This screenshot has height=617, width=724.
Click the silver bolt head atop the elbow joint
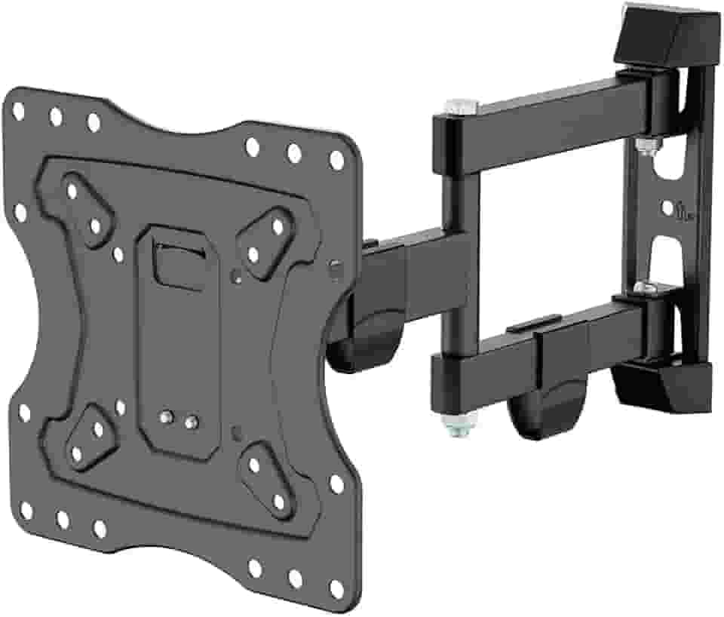pos(459,106)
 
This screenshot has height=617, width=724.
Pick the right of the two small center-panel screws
pos(191,419)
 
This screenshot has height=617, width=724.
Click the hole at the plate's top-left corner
pos(17,110)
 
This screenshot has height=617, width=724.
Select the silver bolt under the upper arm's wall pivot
pos(643,146)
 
